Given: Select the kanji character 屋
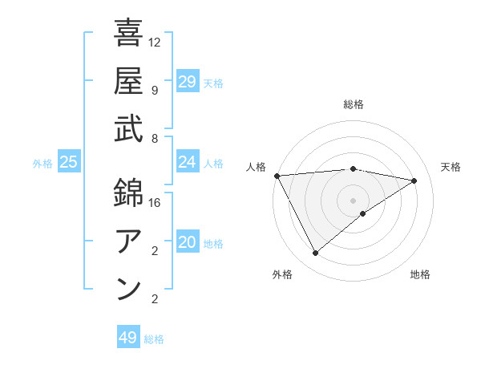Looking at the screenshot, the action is coord(128,80).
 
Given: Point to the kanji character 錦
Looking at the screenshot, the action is coord(128,193).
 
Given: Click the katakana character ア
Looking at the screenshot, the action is coord(128,241).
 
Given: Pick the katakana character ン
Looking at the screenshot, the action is coord(128,290).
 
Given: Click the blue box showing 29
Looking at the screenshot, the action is coord(187,82).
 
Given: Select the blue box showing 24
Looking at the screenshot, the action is coord(187,162).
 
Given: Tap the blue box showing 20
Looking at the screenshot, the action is coord(187,242).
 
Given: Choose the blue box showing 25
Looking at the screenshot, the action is coord(68,162).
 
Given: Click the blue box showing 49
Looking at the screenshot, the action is coord(128,338).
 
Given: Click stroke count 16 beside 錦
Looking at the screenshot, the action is coord(155,203).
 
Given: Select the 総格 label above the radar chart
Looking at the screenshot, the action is coord(354,104).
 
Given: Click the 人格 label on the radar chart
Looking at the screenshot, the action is coord(257,167).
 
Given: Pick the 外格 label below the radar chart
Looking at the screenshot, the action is coord(282,274).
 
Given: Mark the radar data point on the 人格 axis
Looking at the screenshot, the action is coord(277,176).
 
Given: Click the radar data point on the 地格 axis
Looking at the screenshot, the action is coord(363,213).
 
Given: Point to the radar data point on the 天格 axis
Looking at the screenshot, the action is coord(414,180).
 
